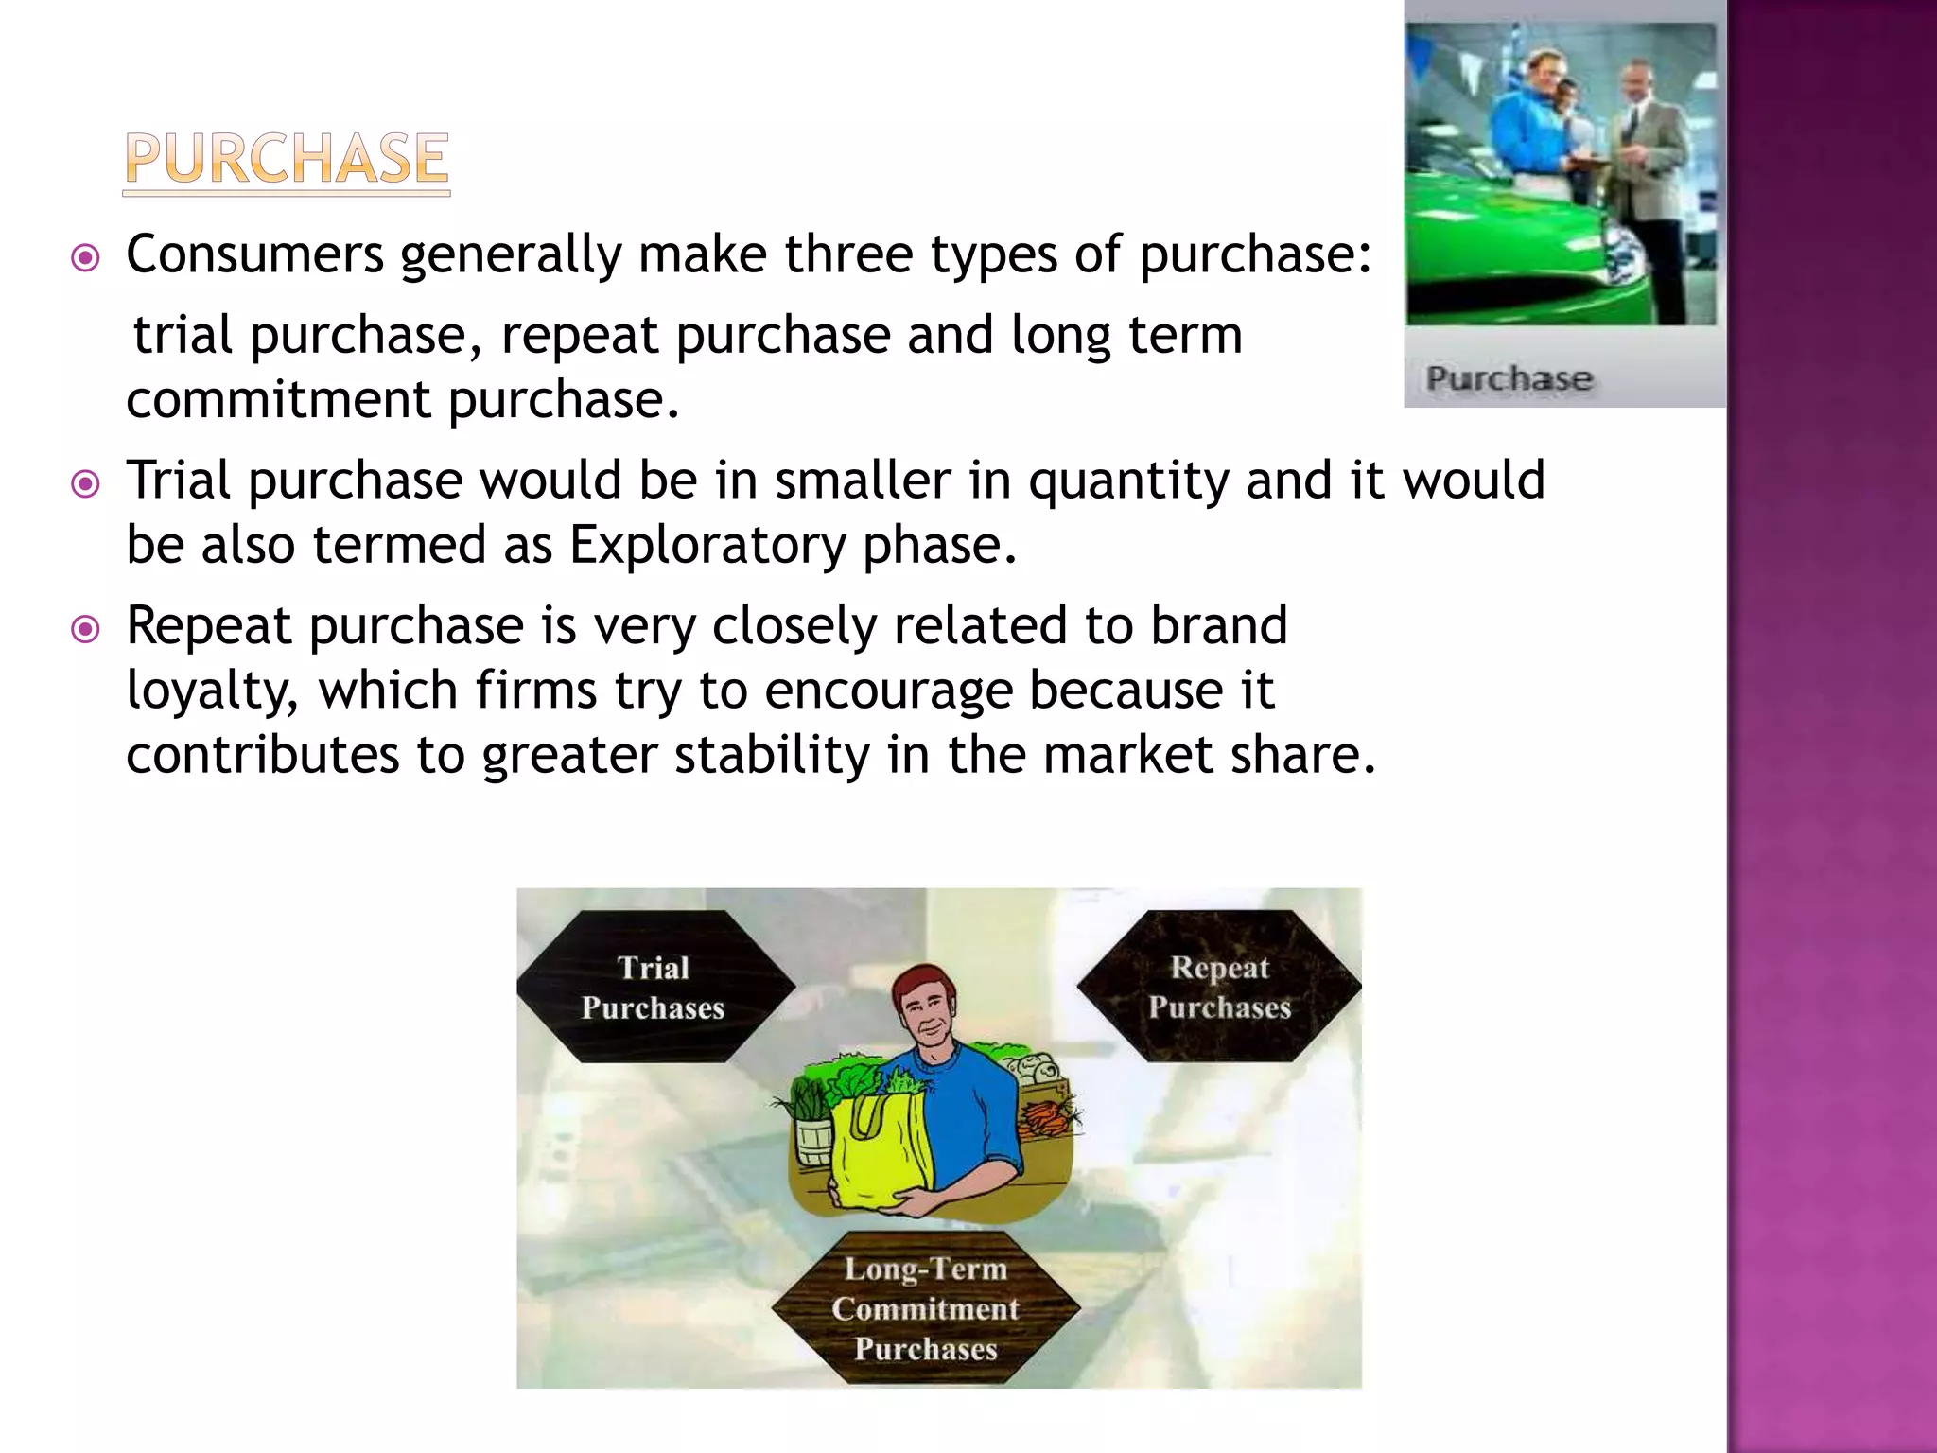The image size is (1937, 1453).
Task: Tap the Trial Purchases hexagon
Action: coord(654,987)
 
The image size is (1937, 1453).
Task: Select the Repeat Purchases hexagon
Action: coord(1219,987)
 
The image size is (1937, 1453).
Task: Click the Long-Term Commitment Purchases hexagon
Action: coord(926,1308)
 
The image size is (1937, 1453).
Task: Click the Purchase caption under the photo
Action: coord(1509,378)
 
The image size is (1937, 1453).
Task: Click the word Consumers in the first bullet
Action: coord(255,254)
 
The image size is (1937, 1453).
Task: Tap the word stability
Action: coord(773,755)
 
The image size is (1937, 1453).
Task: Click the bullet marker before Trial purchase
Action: coord(86,484)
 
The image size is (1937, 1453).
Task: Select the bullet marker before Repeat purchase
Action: coord(86,629)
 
